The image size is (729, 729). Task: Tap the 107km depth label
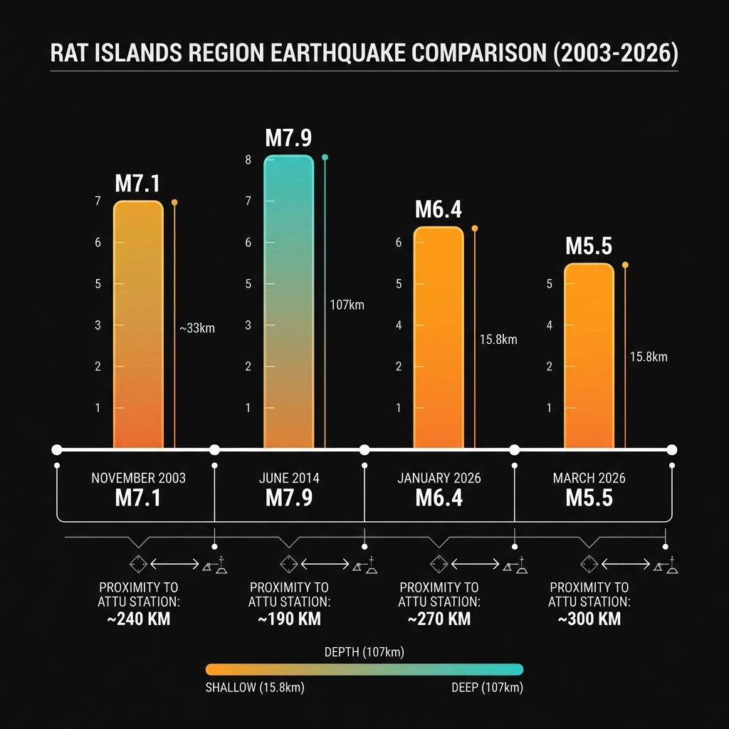347,305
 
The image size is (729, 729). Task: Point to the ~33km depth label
196,328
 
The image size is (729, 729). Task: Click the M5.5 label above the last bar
589,246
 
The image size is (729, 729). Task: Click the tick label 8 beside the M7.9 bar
248,159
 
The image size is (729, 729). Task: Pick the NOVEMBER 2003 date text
138,478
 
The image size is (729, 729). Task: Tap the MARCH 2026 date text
589,478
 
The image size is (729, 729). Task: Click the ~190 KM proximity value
289,619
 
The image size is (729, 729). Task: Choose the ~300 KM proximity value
589,619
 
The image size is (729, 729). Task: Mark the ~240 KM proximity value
138,619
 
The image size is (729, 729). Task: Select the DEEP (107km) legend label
487,688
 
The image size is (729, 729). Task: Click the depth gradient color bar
364,669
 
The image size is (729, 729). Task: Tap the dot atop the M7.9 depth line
325,157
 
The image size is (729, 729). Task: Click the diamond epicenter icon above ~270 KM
439,564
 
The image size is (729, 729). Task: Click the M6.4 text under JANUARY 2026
439,498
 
